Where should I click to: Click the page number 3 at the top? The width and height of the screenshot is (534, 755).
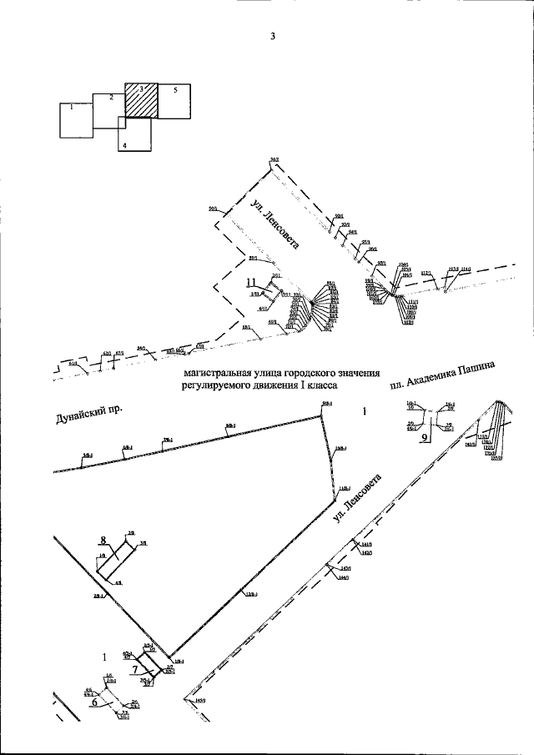click(x=272, y=36)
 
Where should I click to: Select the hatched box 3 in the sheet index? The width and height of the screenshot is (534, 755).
click(x=141, y=99)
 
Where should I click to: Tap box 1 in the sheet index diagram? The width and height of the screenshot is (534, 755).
click(x=76, y=121)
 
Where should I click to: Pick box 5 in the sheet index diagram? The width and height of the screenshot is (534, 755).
click(x=174, y=100)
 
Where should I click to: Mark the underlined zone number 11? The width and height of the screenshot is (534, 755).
click(x=251, y=283)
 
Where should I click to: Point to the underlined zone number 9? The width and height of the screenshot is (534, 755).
click(x=424, y=436)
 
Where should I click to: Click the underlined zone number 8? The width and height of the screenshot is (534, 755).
click(x=103, y=540)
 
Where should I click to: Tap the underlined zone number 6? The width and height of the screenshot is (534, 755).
click(x=94, y=702)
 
